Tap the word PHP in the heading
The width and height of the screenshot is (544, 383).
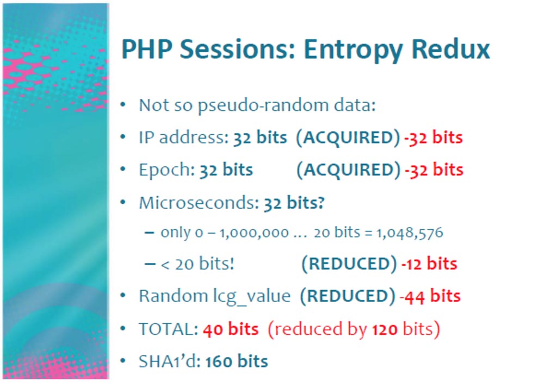147,49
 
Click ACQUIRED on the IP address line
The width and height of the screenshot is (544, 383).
348,137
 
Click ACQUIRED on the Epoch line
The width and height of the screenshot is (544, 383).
349,170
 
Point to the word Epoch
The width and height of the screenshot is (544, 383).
165,170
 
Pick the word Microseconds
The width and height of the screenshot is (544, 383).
197,203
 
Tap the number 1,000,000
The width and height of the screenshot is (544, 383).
254,233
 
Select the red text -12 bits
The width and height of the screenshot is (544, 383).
429,264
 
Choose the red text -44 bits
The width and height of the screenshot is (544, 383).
430,296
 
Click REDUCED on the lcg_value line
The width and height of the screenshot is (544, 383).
348,296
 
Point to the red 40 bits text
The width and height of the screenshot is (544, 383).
231,329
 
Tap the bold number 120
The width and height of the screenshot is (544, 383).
385,329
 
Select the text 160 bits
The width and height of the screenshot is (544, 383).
237,361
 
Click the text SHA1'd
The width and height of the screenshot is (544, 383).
168,361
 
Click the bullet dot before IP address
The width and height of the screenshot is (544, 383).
123,137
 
